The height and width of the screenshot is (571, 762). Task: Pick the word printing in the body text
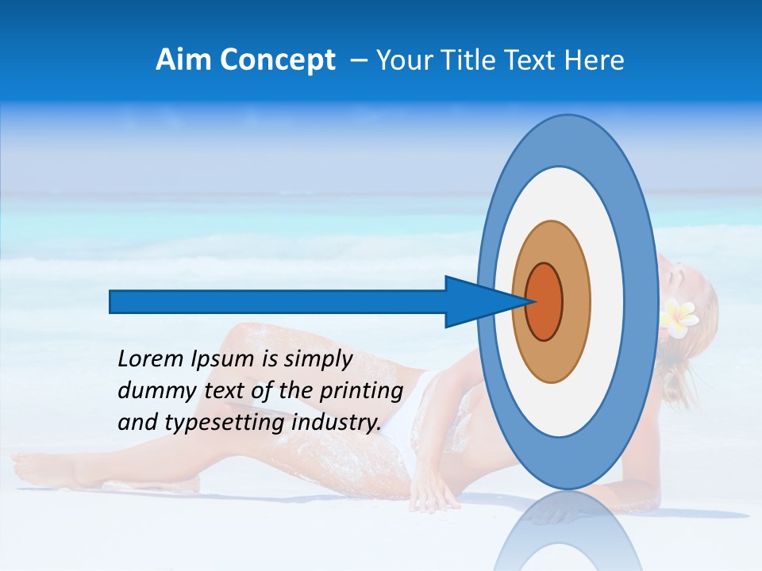click(360, 392)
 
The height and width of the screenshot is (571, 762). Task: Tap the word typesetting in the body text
click(225, 423)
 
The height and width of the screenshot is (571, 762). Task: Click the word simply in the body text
click(317, 359)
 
